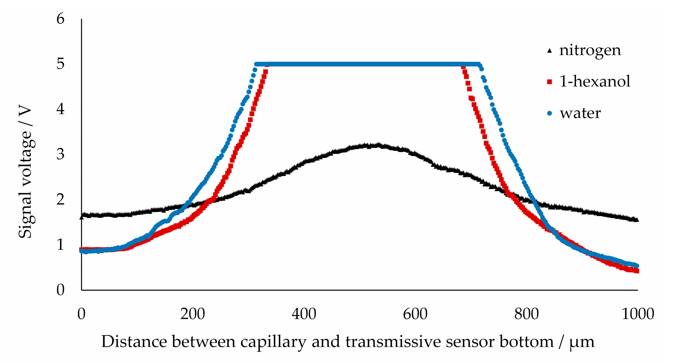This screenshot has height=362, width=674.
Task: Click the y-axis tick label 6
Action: (61, 19)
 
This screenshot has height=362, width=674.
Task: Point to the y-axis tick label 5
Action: (61, 64)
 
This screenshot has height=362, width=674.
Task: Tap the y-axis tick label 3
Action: (61, 154)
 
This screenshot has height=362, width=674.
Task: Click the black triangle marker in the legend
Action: (549, 51)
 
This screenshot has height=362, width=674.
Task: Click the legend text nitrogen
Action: (590, 51)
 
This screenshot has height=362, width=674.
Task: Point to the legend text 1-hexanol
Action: (595, 81)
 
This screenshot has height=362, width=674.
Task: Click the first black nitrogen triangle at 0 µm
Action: (82, 216)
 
